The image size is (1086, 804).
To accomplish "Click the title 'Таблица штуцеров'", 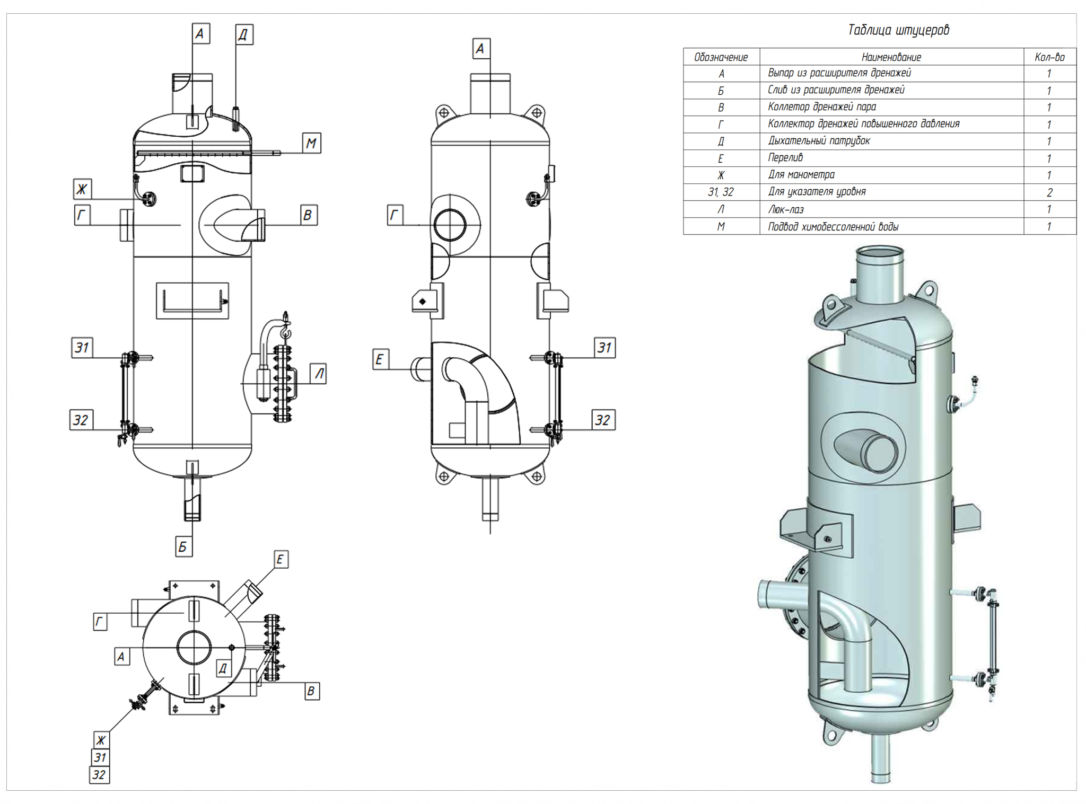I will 898,30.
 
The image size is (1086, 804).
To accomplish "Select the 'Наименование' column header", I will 891,57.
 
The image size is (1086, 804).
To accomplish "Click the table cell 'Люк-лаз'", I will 786,209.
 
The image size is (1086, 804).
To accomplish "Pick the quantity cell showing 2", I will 1049,192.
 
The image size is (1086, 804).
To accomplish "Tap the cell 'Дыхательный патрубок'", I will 819,141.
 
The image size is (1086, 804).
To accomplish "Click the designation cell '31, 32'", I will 721,192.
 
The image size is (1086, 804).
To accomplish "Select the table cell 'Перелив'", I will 785,158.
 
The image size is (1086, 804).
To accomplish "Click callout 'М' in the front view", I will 311,143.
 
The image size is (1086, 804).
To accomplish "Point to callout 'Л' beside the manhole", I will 319,374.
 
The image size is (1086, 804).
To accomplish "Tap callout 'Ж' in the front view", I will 82,189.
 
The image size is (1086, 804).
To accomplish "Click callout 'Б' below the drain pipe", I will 183,546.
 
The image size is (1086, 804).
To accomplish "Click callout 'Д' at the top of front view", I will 243,35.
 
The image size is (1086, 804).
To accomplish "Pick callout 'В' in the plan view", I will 311,691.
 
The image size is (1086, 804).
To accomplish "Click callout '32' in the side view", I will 603,420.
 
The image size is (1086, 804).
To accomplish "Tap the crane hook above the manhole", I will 286,332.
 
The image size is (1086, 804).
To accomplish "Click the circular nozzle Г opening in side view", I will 450,225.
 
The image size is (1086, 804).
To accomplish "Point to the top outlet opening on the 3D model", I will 880,252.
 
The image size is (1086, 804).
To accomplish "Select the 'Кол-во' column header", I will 1049,57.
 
